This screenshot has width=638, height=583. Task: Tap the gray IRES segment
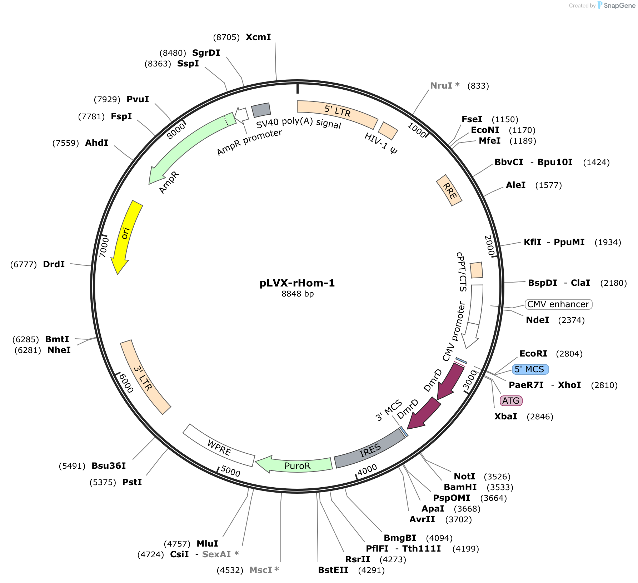[370, 450]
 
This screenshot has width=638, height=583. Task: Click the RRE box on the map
[449, 190]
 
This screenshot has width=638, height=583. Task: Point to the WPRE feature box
[219, 447]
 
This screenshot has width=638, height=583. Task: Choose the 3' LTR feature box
[144, 377]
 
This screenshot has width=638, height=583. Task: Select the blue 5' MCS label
[530, 369]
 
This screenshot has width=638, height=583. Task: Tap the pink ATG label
[511, 400]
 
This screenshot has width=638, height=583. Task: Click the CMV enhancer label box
[558, 304]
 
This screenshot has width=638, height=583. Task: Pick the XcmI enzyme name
[258, 37]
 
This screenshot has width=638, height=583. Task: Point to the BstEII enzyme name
[333, 570]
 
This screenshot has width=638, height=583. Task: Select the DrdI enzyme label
[54, 264]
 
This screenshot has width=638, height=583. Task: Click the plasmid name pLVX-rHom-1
[297, 283]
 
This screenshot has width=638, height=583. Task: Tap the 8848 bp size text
[298, 294]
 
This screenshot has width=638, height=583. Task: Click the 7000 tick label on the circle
[104, 247]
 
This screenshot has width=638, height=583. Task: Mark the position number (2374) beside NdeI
[572, 320]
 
